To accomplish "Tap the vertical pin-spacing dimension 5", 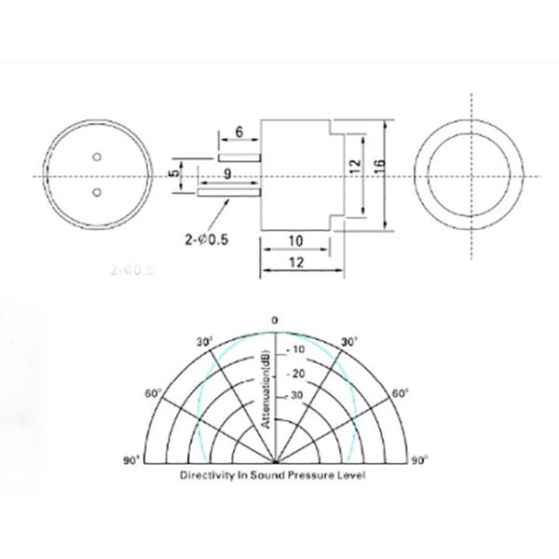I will click(172, 173).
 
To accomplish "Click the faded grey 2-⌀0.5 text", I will click(130, 272).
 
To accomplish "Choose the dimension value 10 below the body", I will click(294, 240).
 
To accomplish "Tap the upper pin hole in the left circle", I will click(96, 157).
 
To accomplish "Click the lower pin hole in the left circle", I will click(96, 193).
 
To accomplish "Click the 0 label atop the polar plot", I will click(275, 320).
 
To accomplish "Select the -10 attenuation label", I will click(294, 349).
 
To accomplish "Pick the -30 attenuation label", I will click(294, 395).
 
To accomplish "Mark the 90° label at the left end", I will click(130, 459).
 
